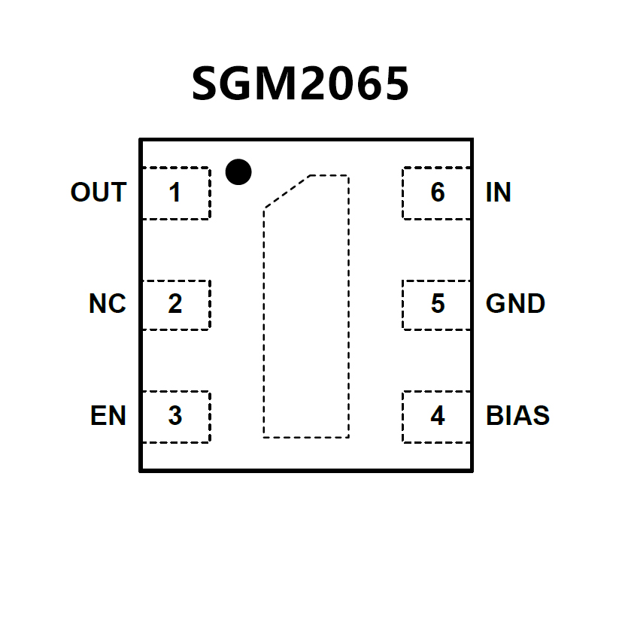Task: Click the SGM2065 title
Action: click(300, 83)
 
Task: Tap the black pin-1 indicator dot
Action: click(238, 172)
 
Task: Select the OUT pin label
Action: click(98, 193)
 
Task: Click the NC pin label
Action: click(107, 304)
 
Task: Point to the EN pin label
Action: click(108, 415)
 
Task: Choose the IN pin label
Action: click(499, 193)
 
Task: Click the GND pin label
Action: click(515, 304)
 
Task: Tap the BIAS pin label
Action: click(517, 415)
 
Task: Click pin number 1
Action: click(174, 193)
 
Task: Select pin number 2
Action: click(174, 305)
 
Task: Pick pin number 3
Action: click(174, 416)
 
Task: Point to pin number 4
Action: click(438, 416)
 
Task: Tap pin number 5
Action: click(438, 305)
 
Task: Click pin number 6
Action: click(438, 193)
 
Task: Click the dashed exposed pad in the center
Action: click(306, 316)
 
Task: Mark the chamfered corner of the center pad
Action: click(286, 191)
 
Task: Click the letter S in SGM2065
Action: click(207, 83)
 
